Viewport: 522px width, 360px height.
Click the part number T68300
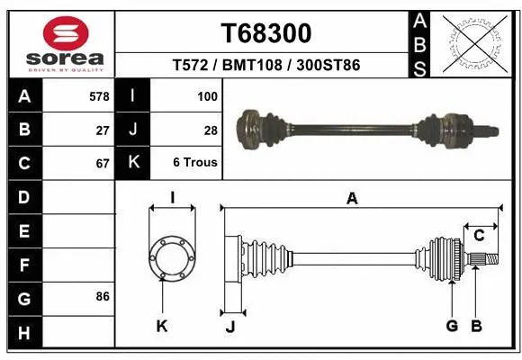point(265,33)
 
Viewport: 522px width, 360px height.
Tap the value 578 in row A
point(99,95)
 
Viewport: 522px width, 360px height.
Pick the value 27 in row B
point(103,130)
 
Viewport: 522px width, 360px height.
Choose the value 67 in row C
point(103,164)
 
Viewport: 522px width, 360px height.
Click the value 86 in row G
point(103,296)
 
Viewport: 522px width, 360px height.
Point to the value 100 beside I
point(207,95)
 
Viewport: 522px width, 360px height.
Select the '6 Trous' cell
point(194,163)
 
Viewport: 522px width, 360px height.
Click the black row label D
point(23,197)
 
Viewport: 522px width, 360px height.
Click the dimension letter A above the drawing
point(353,199)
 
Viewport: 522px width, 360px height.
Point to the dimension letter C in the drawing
point(480,236)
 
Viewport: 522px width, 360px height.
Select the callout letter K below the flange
point(162,326)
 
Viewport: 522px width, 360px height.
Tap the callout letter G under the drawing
point(452,326)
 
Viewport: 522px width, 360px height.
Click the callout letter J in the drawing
point(229,327)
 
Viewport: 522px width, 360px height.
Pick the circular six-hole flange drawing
point(172,258)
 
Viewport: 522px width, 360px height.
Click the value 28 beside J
point(211,130)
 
